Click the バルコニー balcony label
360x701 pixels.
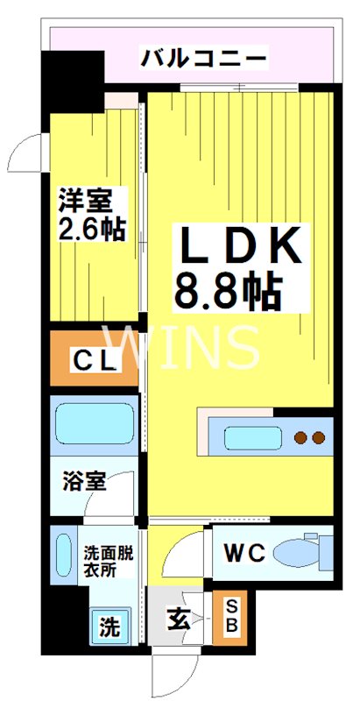204,60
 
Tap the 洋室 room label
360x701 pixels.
85,201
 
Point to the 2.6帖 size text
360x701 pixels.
91,230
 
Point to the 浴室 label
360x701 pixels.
84,483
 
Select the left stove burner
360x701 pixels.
300,436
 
